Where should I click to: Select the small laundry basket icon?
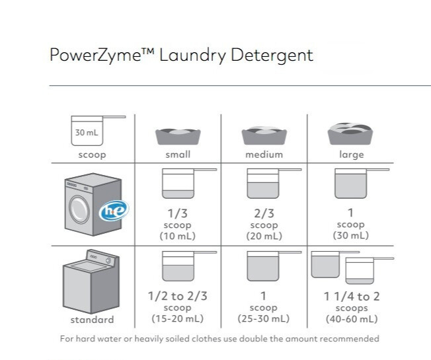pos(178,135)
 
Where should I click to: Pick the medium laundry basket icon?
pos(264,135)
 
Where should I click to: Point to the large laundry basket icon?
pos(351,133)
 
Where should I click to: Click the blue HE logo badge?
pos(114,211)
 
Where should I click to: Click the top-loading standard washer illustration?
pos(91,285)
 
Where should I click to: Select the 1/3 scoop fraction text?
pos(177,213)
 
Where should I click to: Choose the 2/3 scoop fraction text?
pos(264,213)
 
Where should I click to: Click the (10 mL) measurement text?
pos(177,236)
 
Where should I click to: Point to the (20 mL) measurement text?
pos(264,236)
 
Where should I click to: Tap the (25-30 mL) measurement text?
pos(264,319)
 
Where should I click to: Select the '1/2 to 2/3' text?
pos(177,296)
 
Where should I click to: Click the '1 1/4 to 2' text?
pos(351,296)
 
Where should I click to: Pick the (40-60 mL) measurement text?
pos(351,319)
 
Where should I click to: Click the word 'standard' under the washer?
pos(91,320)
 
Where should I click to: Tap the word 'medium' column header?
pos(264,155)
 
